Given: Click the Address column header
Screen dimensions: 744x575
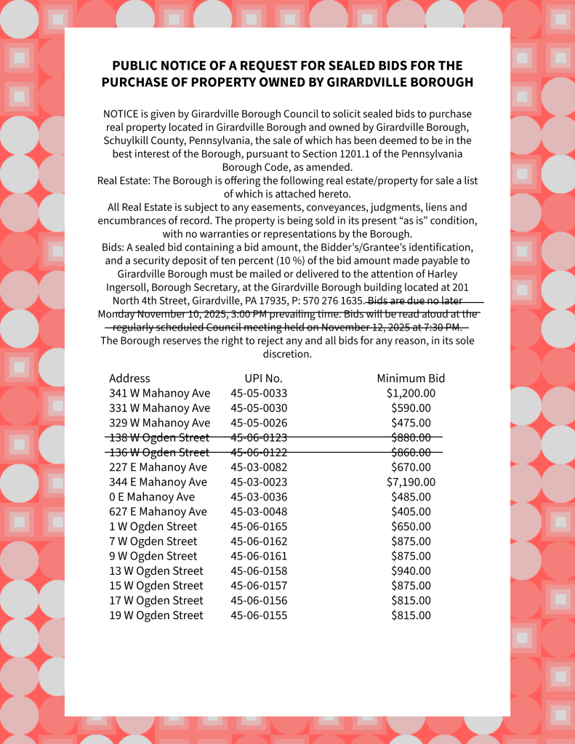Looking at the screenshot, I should (129, 379).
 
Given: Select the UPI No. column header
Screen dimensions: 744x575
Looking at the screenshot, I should (263, 379).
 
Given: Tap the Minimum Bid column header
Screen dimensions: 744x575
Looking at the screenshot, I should (411, 379).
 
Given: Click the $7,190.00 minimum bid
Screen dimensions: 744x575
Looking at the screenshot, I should (411, 482).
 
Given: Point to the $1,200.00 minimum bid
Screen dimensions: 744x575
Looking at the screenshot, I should (411, 393).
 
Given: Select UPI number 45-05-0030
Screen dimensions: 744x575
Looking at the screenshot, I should (259, 408).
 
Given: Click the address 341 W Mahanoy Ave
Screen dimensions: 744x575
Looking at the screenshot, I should (159, 393).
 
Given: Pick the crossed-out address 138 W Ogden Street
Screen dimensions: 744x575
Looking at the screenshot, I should (159, 437).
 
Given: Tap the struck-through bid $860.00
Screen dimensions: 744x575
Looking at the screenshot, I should (411, 452).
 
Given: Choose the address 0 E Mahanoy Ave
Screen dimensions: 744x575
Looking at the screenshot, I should (152, 497).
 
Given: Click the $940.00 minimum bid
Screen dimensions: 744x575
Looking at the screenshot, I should (411, 571).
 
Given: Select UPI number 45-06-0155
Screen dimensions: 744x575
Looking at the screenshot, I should (259, 615).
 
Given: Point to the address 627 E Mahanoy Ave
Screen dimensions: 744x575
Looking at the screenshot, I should (158, 511).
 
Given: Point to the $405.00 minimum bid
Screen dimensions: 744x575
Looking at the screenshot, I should (411, 511).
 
